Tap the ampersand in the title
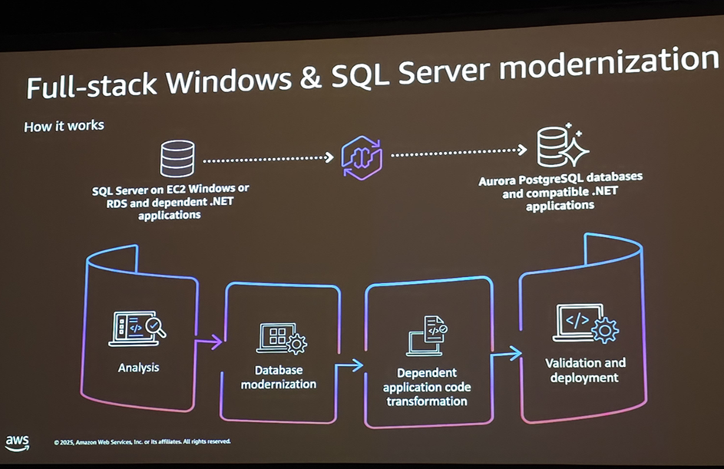[310, 77]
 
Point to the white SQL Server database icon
[177, 158]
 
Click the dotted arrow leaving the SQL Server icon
[269, 160]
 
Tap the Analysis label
[139, 368]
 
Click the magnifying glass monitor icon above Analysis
[138, 328]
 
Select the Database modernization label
[279, 377]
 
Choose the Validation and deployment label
[585, 370]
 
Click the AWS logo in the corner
[17, 443]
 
